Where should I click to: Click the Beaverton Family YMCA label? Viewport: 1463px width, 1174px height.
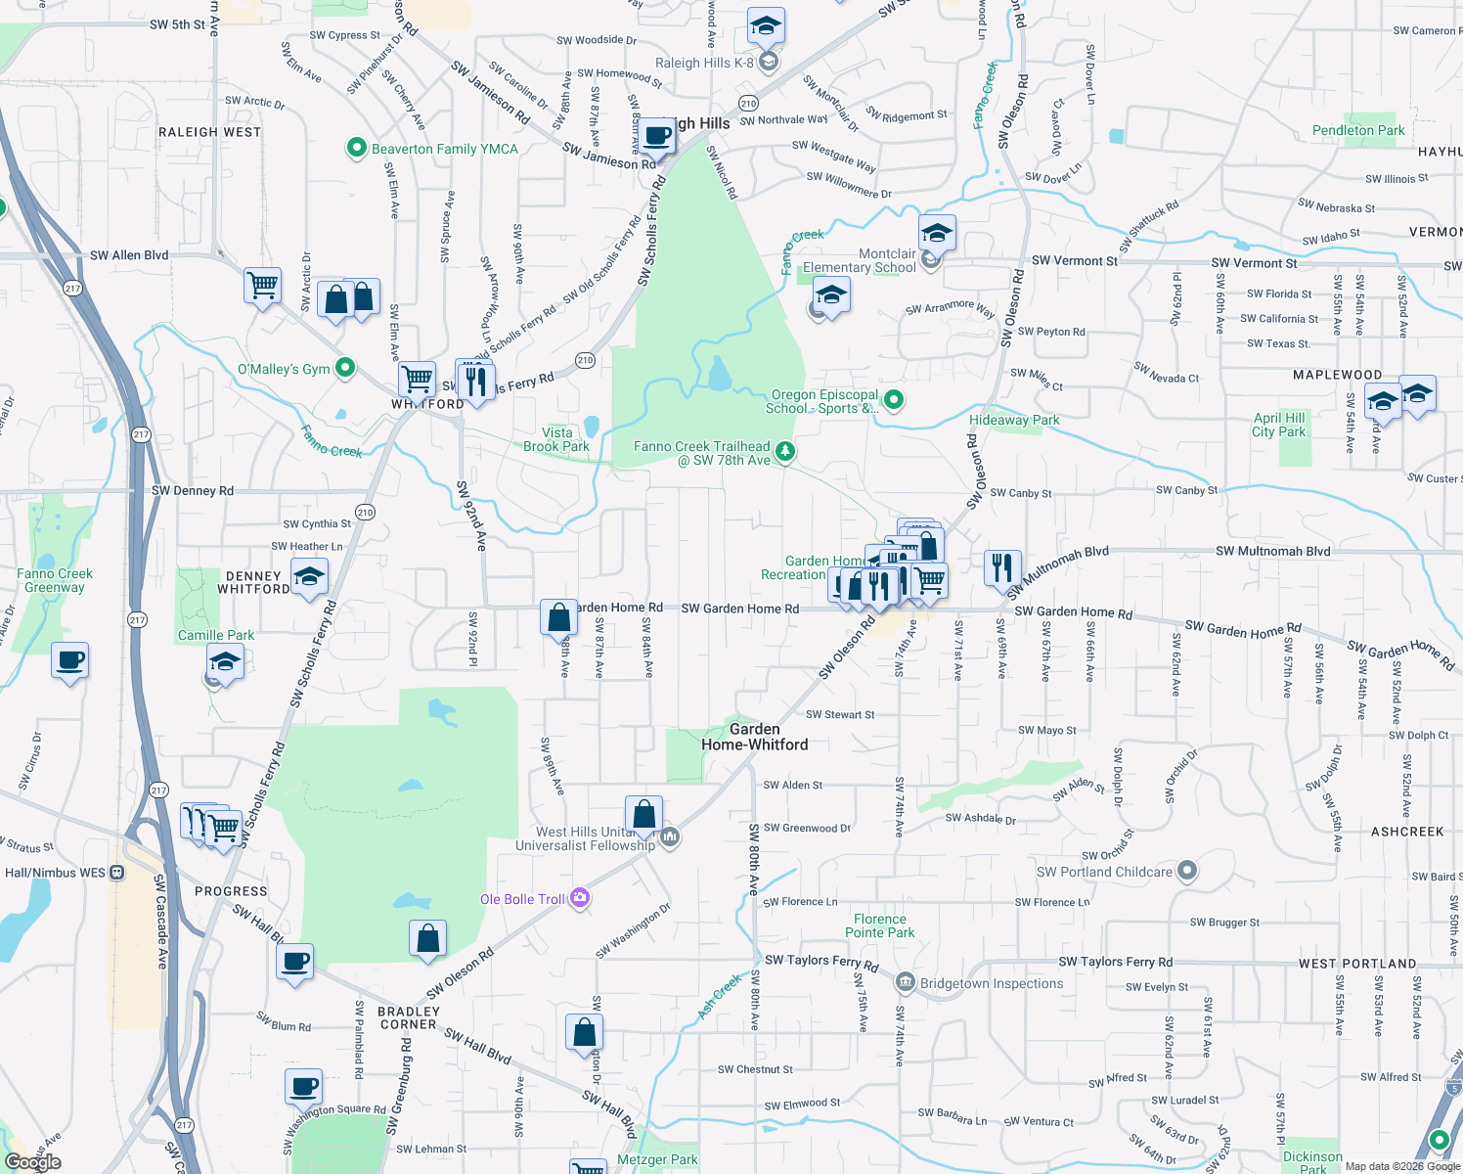tap(444, 149)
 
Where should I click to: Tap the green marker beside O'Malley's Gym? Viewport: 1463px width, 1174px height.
tap(344, 368)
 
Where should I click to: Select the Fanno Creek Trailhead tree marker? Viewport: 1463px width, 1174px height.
tap(784, 451)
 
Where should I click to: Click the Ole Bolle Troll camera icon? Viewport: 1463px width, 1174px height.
tap(580, 897)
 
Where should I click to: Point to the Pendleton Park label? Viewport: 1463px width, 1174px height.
tap(1357, 130)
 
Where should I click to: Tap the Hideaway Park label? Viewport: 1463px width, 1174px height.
tap(1014, 420)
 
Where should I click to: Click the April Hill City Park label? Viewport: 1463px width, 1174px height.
tap(1279, 425)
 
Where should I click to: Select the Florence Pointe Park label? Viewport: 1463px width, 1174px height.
tap(879, 926)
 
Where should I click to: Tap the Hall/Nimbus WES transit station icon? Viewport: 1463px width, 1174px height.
tap(117, 872)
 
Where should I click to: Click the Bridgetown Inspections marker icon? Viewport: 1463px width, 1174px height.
tap(905, 982)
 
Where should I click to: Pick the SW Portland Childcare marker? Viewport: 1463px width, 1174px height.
tap(1186, 870)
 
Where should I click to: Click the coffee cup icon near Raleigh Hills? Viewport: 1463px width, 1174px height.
tap(658, 135)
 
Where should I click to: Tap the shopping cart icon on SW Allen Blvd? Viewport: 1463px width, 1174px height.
tap(263, 285)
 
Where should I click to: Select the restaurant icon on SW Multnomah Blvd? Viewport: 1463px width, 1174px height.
tap(1002, 566)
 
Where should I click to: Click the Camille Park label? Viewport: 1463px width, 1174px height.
tap(216, 635)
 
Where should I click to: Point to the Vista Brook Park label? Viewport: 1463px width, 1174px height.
tap(556, 439)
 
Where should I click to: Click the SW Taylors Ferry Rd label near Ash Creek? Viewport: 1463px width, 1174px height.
tap(821, 961)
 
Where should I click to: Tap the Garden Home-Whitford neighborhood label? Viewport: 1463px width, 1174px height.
tap(754, 737)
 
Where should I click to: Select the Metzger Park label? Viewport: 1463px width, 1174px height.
tap(657, 1159)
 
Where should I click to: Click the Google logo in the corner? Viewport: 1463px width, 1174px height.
tap(33, 1161)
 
